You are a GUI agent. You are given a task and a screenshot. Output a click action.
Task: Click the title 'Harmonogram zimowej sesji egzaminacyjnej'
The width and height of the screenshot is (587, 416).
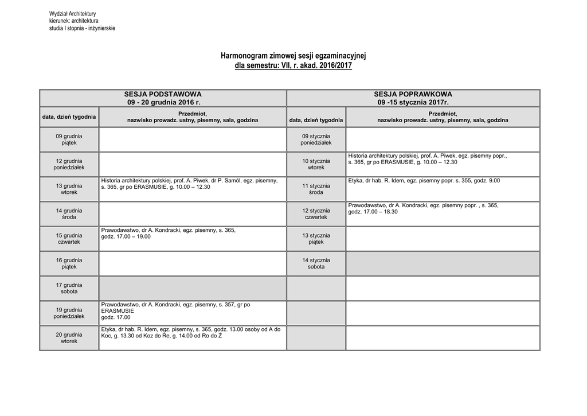(293, 56)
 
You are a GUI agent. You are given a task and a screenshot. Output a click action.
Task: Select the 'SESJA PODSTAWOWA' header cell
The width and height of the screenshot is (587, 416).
(163, 98)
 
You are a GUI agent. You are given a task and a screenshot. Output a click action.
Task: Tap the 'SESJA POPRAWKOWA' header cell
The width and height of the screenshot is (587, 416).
(413, 98)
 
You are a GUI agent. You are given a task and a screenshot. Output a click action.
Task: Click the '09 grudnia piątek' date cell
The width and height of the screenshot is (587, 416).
(69, 139)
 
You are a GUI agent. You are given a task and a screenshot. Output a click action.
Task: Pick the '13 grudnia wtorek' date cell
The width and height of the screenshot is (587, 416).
(69, 189)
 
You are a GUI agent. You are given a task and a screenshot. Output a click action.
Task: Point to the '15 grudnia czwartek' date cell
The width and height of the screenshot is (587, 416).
(69, 239)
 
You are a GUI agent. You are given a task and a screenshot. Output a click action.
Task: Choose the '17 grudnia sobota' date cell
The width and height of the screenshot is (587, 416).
(69, 288)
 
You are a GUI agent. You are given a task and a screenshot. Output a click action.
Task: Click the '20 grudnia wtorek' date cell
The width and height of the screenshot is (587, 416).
(69, 338)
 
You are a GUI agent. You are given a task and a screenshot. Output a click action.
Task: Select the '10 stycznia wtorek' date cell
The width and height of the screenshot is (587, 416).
(316, 164)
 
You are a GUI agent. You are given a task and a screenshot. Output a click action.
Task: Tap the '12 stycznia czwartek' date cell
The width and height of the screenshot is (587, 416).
(316, 214)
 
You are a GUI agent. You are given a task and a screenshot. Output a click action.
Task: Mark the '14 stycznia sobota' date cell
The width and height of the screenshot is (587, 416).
(316, 263)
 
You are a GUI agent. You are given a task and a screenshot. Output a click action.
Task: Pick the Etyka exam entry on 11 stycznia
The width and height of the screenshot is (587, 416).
(424, 180)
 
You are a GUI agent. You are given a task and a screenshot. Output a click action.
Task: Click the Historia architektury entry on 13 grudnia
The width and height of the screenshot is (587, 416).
(189, 184)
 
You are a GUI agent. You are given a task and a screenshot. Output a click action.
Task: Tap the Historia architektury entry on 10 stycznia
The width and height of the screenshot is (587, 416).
(427, 159)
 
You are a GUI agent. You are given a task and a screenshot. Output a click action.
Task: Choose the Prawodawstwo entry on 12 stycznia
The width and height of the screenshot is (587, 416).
(423, 208)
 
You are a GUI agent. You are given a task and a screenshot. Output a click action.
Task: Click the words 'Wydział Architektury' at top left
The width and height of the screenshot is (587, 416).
(72, 13)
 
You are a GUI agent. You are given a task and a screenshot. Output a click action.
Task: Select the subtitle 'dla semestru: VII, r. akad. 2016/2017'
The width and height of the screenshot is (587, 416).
(293, 66)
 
